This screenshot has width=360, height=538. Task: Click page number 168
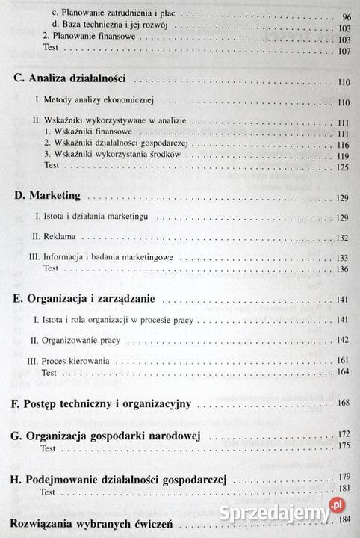(x=343, y=404)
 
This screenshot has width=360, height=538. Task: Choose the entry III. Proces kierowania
(x=68, y=361)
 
